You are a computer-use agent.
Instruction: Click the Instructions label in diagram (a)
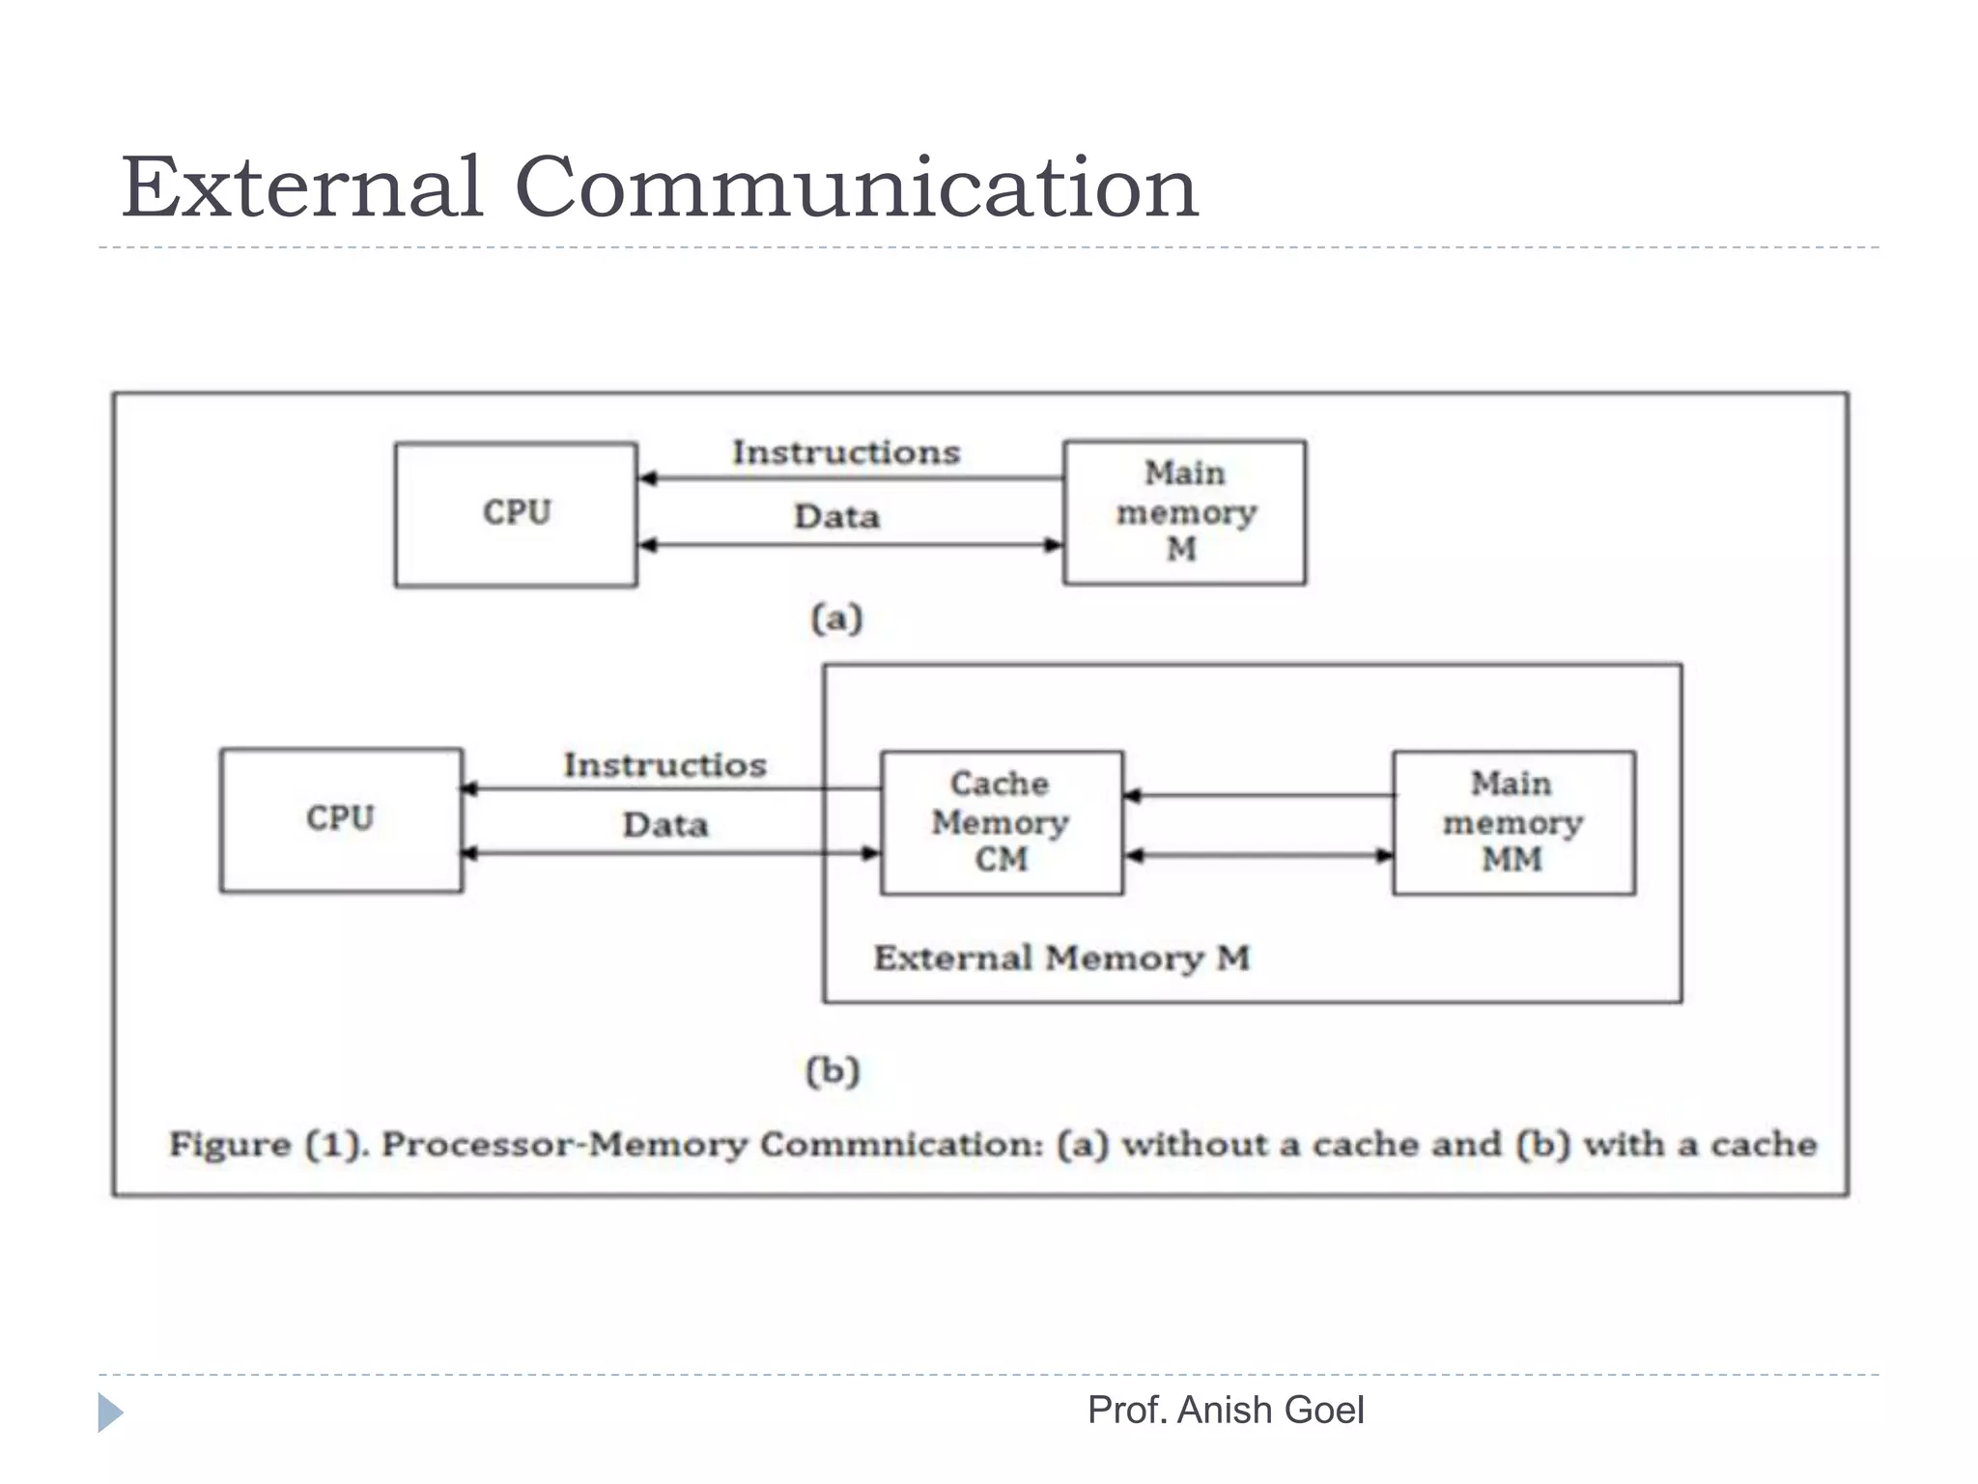click(846, 452)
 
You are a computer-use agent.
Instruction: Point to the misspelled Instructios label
click(664, 765)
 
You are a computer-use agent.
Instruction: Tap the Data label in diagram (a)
click(836, 517)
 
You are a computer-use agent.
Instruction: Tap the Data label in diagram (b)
click(664, 825)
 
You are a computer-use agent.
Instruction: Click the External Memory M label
click(1061, 958)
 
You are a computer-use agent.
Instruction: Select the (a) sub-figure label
click(836, 618)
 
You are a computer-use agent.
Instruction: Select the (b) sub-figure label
click(833, 1070)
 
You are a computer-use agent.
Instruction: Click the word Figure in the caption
click(230, 1145)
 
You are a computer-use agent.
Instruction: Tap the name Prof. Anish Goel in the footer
click(1225, 1411)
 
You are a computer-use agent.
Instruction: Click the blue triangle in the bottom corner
click(109, 1413)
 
